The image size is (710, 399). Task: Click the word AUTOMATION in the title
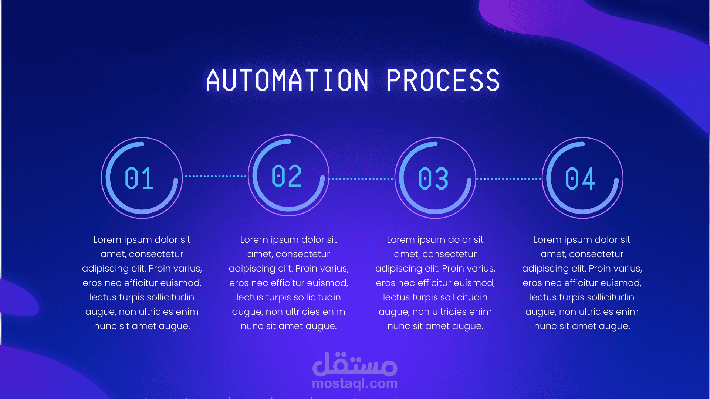[287, 80]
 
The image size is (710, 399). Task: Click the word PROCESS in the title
[443, 80]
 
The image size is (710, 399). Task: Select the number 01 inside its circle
[139, 178]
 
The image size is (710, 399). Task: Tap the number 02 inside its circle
[287, 176]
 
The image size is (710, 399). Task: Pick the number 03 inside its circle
[433, 178]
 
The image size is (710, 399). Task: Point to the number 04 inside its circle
[580, 178]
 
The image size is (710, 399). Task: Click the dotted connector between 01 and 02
[214, 176]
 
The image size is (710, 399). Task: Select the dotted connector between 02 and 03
[361, 179]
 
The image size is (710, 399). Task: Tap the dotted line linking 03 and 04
[509, 179]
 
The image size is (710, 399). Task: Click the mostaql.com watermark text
[355, 383]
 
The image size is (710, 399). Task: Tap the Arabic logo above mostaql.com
[355, 364]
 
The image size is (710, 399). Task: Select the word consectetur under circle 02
[303, 254]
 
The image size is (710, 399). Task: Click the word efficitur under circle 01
[141, 283]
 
